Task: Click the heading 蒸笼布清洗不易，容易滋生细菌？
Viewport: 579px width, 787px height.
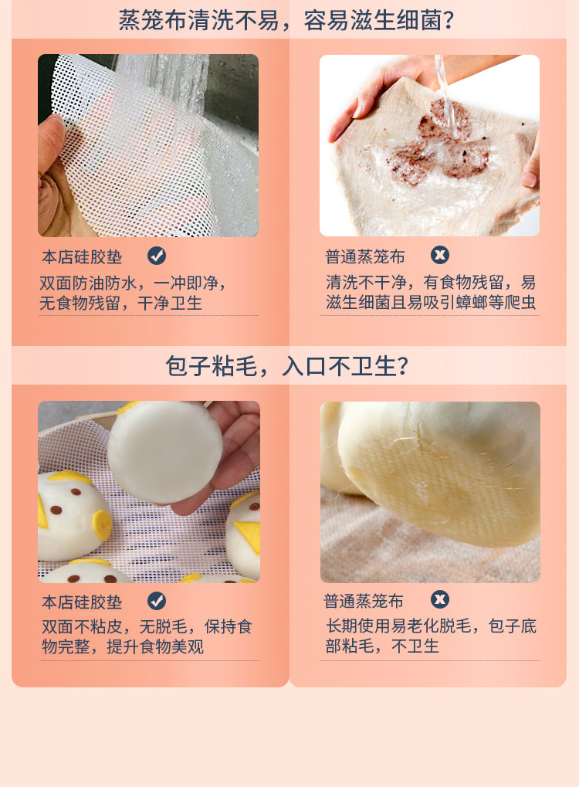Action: [x=286, y=19]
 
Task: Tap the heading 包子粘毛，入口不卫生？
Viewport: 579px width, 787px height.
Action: [x=286, y=365]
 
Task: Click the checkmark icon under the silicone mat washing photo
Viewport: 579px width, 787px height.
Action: [x=157, y=256]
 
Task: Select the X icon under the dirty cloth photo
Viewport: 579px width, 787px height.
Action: [x=440, y=255]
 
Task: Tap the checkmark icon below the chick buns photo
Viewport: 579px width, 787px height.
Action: [x=157, y=601]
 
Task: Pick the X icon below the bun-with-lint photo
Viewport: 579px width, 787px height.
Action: [x=440, y=599]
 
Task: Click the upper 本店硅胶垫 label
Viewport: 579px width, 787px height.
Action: [x=82, y=257]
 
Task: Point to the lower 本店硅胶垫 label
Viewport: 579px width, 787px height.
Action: [x=82, y=602]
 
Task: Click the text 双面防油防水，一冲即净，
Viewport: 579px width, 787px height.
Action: [x=134, y=283]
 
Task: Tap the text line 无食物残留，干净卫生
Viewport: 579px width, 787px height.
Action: [x=121, y=303]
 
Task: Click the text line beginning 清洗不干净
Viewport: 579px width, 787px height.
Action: [x=430, y=282]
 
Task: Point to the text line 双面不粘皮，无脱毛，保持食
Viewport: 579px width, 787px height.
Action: [x=147, y=626]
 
